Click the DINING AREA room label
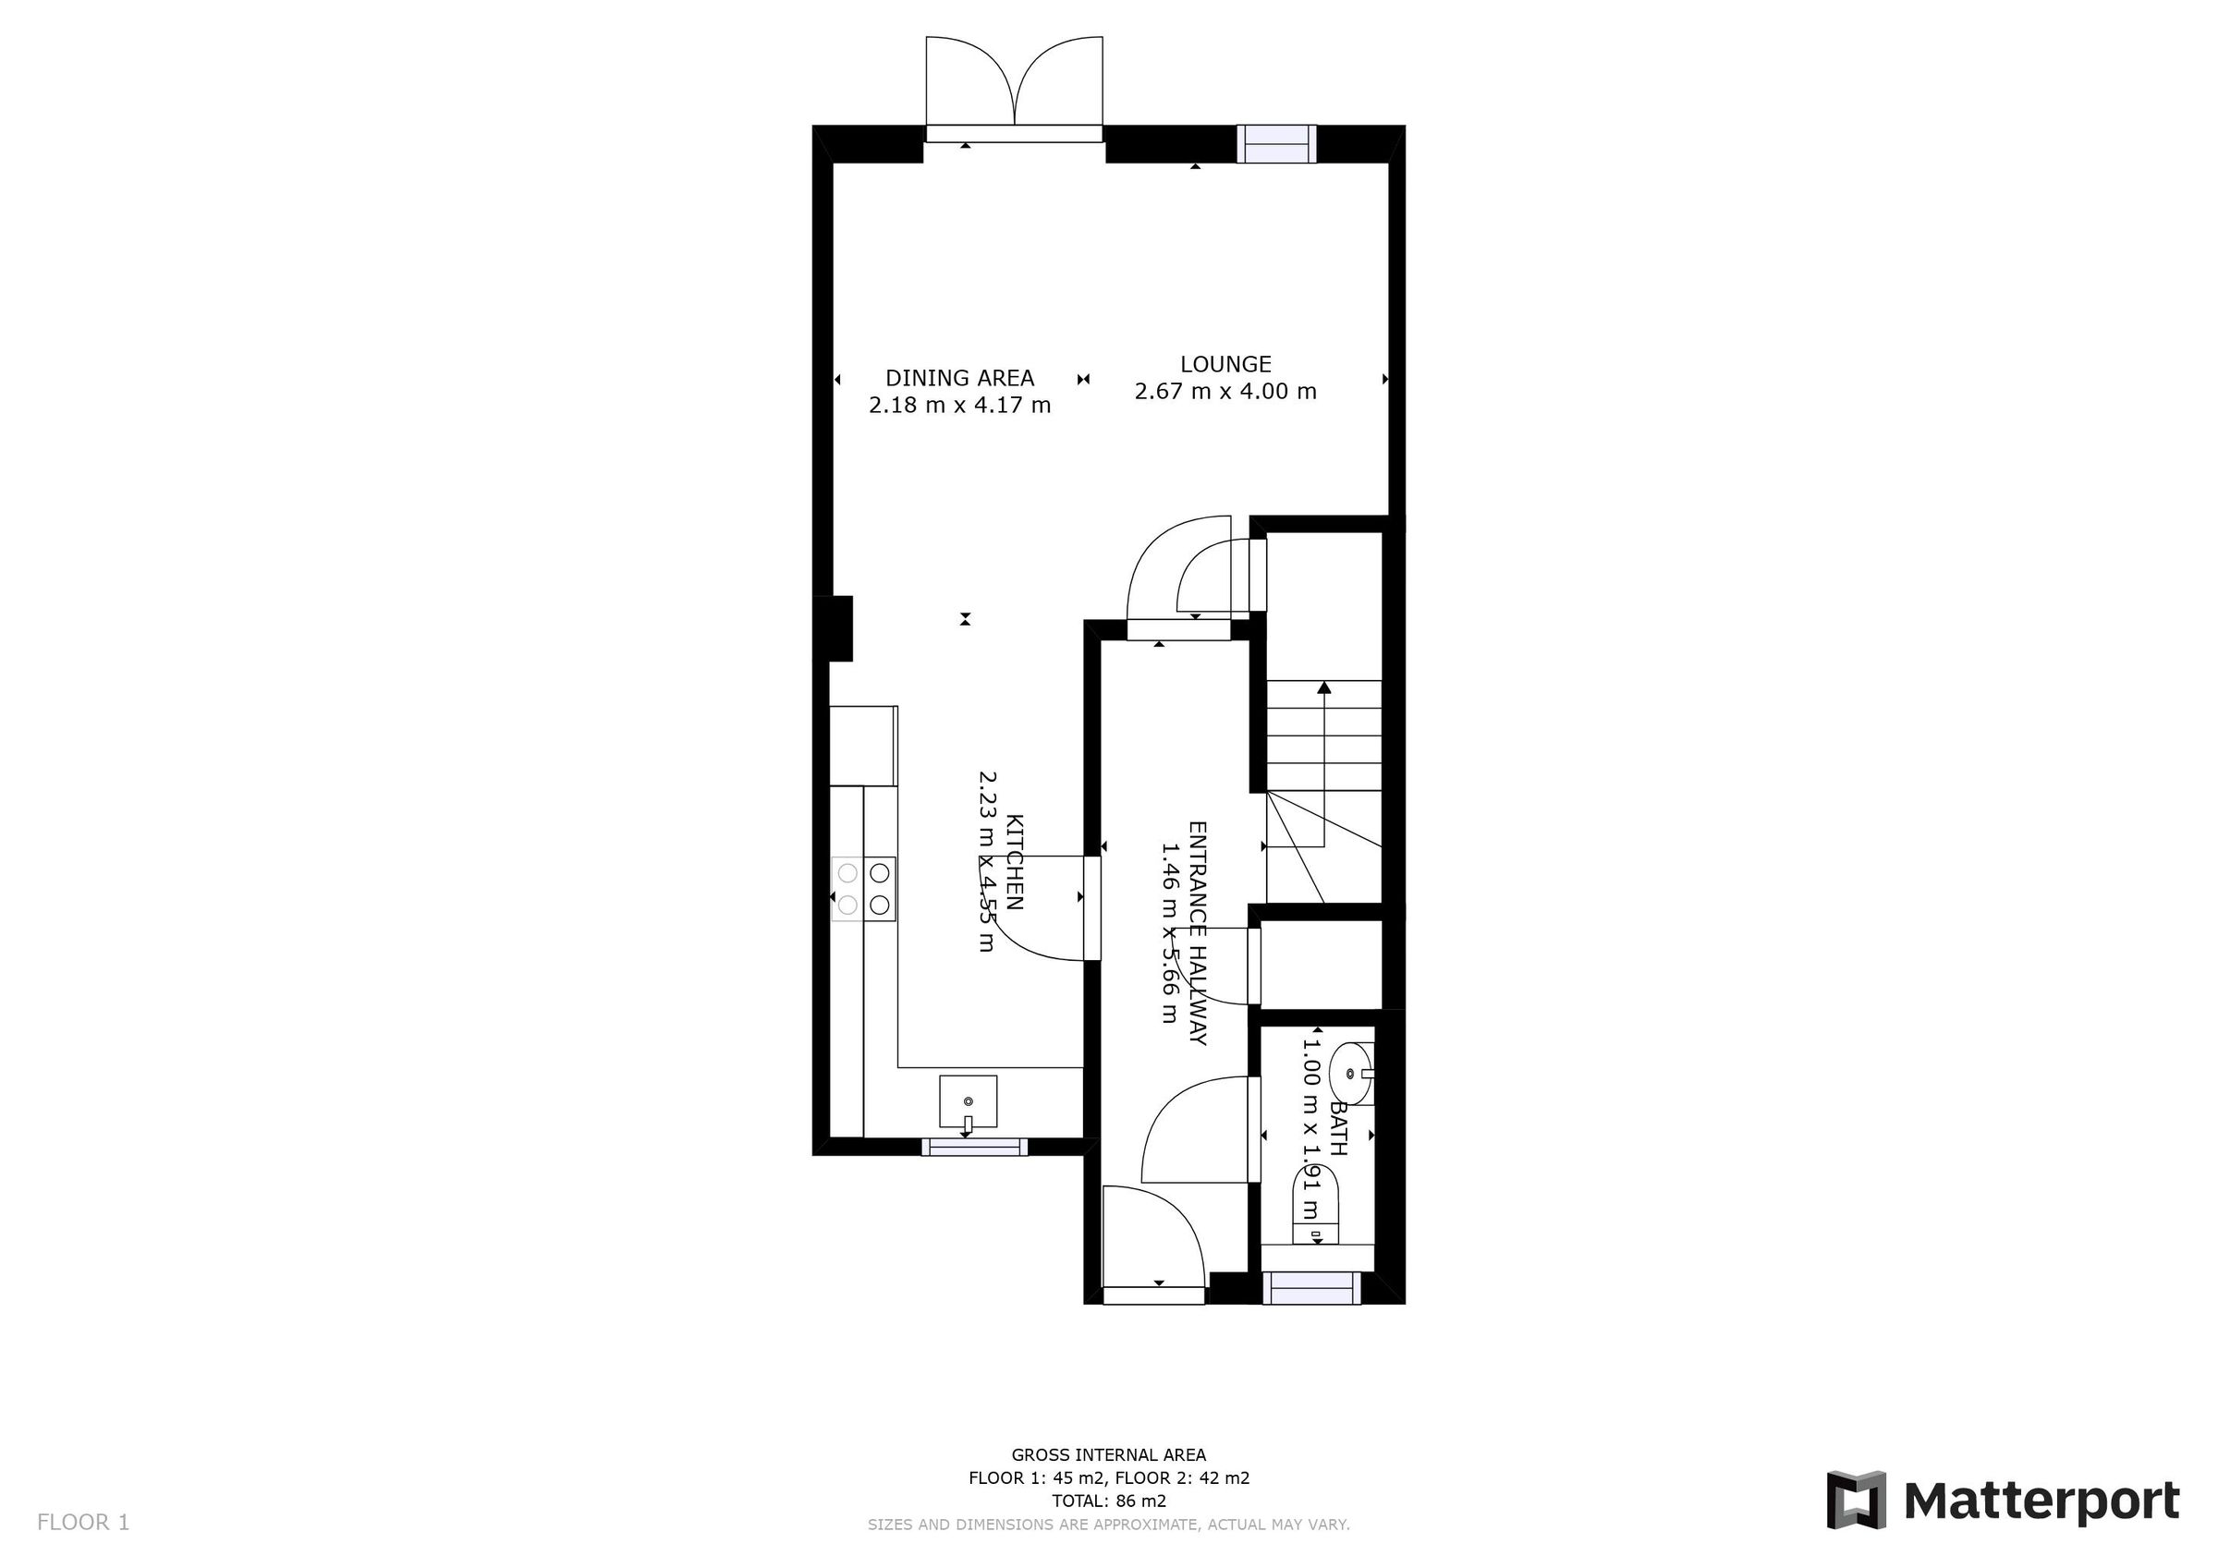(x=959, y=378)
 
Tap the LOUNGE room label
(x=1225, y=364)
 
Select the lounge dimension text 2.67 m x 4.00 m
(x=1225, y=391)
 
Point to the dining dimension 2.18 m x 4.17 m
(x=959, y=405)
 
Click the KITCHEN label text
(x=1015, y=862)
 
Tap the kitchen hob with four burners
(x=863, y=889)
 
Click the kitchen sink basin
(x=968, y=1101)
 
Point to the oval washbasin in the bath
(x=1350, y=1074)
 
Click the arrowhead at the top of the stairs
(x=1323, y=687)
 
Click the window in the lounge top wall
(x=1277, y=144)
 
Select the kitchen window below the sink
(x=973, y=1146)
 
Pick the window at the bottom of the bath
(x=1312, y=1288)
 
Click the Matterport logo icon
(x=1856, y=1501)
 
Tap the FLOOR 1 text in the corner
(x=83, y=1523)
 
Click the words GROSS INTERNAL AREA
(x=1108, y=1455)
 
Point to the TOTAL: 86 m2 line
(x=1108, y=1501)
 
